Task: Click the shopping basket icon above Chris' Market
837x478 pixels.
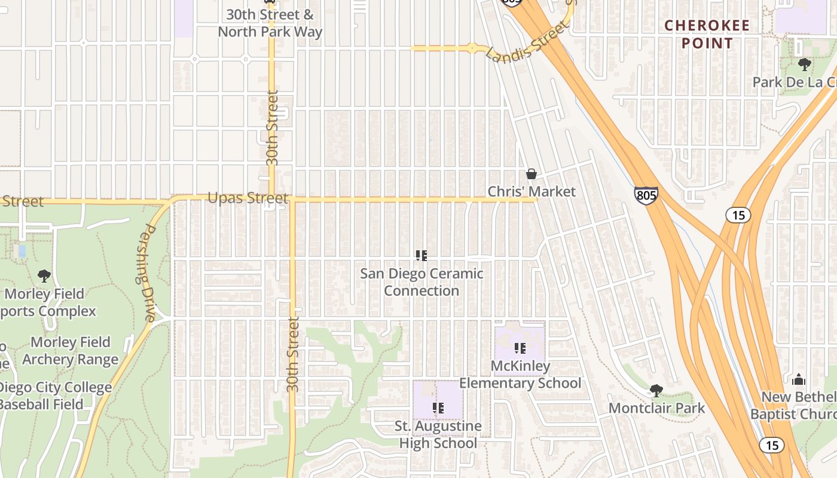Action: pyautogui.click(x=531, y=174)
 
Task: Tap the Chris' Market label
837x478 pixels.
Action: pyautogui.click(x=531, y=192)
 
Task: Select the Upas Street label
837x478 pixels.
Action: pyautogui.click(x=248, y=198)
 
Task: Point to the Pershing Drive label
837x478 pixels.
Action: pyautogui.click(x=147, y=272)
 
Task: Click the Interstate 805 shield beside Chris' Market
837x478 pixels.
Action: pyautogui.click(x=646, y=195)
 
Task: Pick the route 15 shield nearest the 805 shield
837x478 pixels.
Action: pyautogui.click(x=738, y=215)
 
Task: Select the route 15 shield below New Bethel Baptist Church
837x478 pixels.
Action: pyautogui.click(x=771, y=445)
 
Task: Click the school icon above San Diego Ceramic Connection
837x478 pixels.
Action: pyautogui.click(x=421, y=256)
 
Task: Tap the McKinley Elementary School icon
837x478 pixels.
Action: pyautogui.click(x=520, y=348)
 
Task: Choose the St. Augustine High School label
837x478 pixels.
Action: pyautogui.click(x=438, y=434)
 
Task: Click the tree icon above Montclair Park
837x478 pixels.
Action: pyautogui.click(x=656, y=391)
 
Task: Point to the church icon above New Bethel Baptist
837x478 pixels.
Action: pyautogui.click(x=799, y=379)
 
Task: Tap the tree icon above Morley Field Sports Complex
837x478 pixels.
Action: pyautogui.click(x=44, y=275)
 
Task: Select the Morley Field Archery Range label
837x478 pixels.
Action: pyautogui.click(x=71, y=351)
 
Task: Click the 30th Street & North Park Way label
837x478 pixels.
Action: pyautogui.click(x=270, y=23)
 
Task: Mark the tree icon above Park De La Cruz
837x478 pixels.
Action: pyautogui.click(x=804, y=64)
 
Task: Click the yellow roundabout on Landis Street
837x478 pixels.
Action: pyautogui.click(x=472, y=48)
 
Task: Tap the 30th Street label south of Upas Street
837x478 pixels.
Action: pyautogui.click(x=292, y=354)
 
